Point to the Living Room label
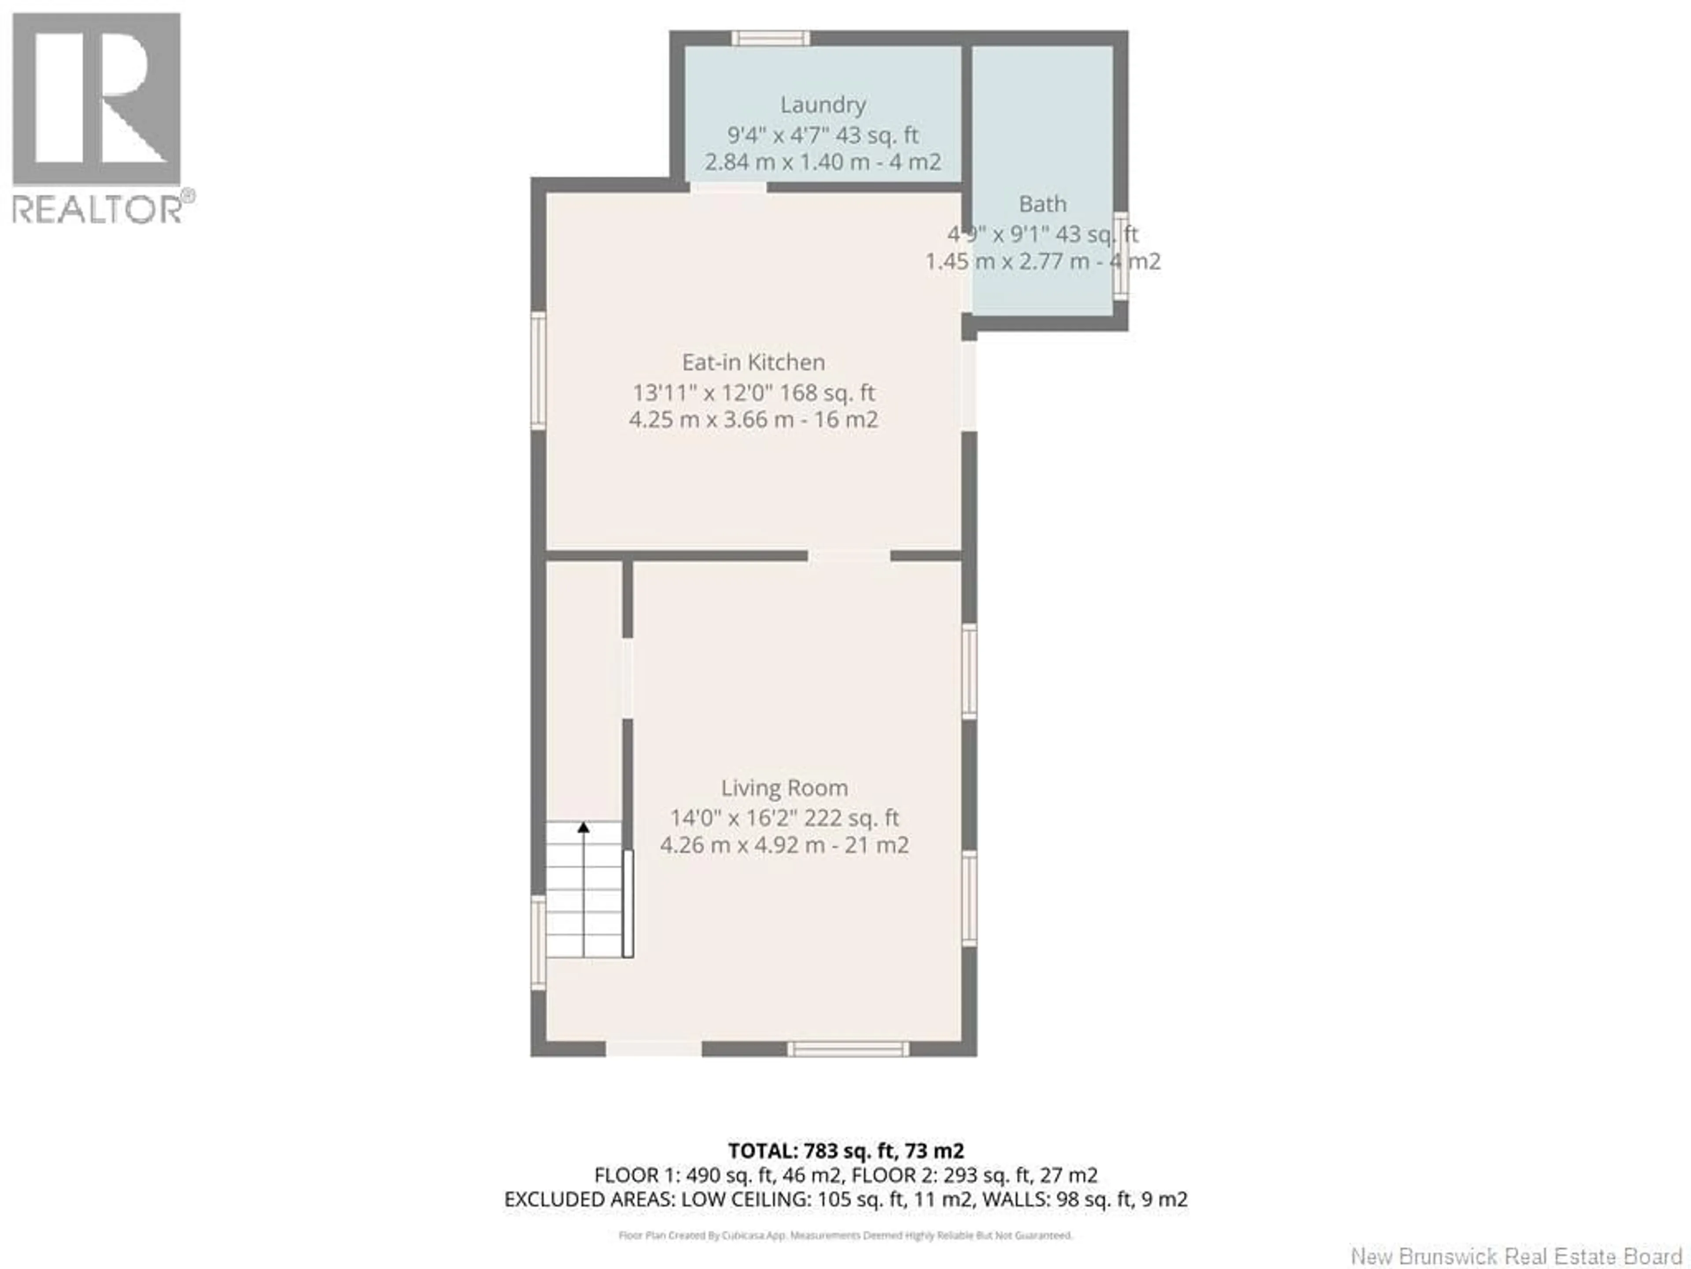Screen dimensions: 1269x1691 coord(784,788)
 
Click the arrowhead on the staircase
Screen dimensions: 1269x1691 coord(583,827)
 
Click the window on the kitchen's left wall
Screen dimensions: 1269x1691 coord(538,370)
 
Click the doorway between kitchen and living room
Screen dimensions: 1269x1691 coord(849,555)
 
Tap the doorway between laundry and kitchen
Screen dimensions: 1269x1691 coord(728,187)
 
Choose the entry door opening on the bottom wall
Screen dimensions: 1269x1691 coord(654,1050)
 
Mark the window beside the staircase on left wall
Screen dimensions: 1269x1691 coord(538,943)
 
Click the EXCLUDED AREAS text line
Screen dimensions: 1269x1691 coord(845,1199)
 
